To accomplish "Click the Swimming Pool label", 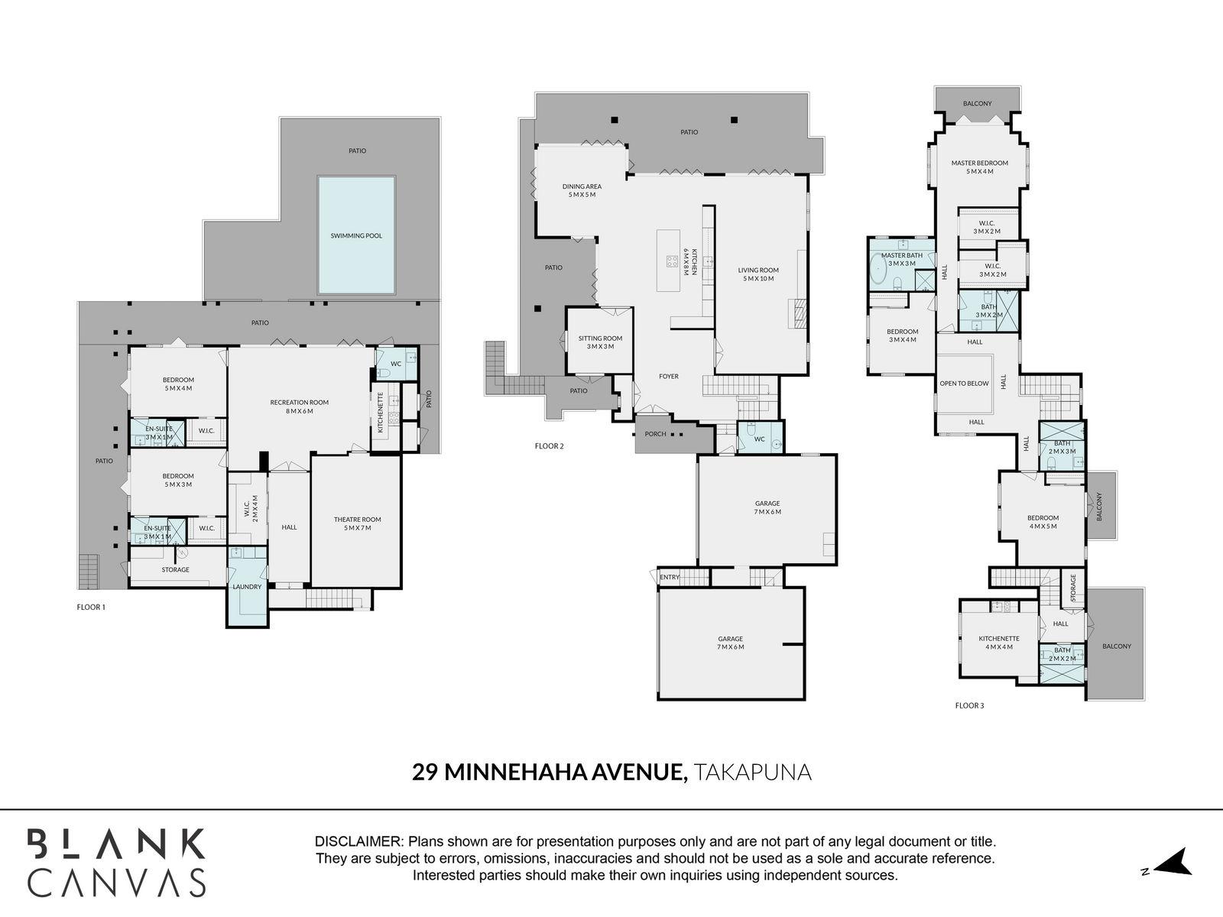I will coord(356,235).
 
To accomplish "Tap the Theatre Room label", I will coord(357,520).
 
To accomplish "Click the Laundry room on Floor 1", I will coord(248,587).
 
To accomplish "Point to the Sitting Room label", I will coord(600,338).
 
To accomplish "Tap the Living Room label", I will coord(758,270).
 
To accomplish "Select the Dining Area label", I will coord(582,186).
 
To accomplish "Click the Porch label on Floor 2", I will coord(655,434).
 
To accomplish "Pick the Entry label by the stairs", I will coord(670,577).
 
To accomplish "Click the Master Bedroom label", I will coord(979,163).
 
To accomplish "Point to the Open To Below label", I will coord(964,384).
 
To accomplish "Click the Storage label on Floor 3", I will coord(1073,588).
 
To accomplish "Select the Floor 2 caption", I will coord(549,446).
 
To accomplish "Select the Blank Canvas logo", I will coord(117,862).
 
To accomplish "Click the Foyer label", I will coord(669,376).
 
